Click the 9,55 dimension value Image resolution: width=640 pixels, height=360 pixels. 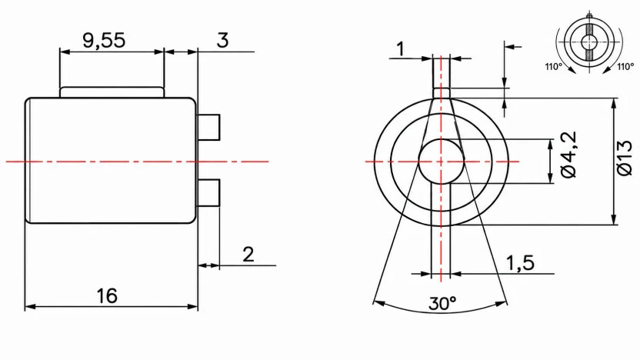pyautogui.click(x=104, y=41)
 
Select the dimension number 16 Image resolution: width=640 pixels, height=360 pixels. pyautogui.click(x=107, y=296)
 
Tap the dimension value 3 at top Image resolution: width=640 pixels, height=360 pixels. pyautogui.click(x=222, y=40)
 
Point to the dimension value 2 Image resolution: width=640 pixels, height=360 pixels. pyautogui.click(x=248, y=255)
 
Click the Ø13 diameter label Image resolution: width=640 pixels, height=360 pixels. pyautogui.click(x=625, y=158)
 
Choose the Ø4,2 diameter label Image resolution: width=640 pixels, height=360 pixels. pyautogui.click(x=568, y=155)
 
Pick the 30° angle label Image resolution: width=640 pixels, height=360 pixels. pyautogui.click(x=442, y=303)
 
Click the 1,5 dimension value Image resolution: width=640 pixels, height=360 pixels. pyautogui.click(x=520, y=263)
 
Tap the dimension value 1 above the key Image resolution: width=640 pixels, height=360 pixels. pyautogui.click(x=402, y=49)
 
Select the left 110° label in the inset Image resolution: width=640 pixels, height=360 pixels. pyautogui.click(x=554, y=66)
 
